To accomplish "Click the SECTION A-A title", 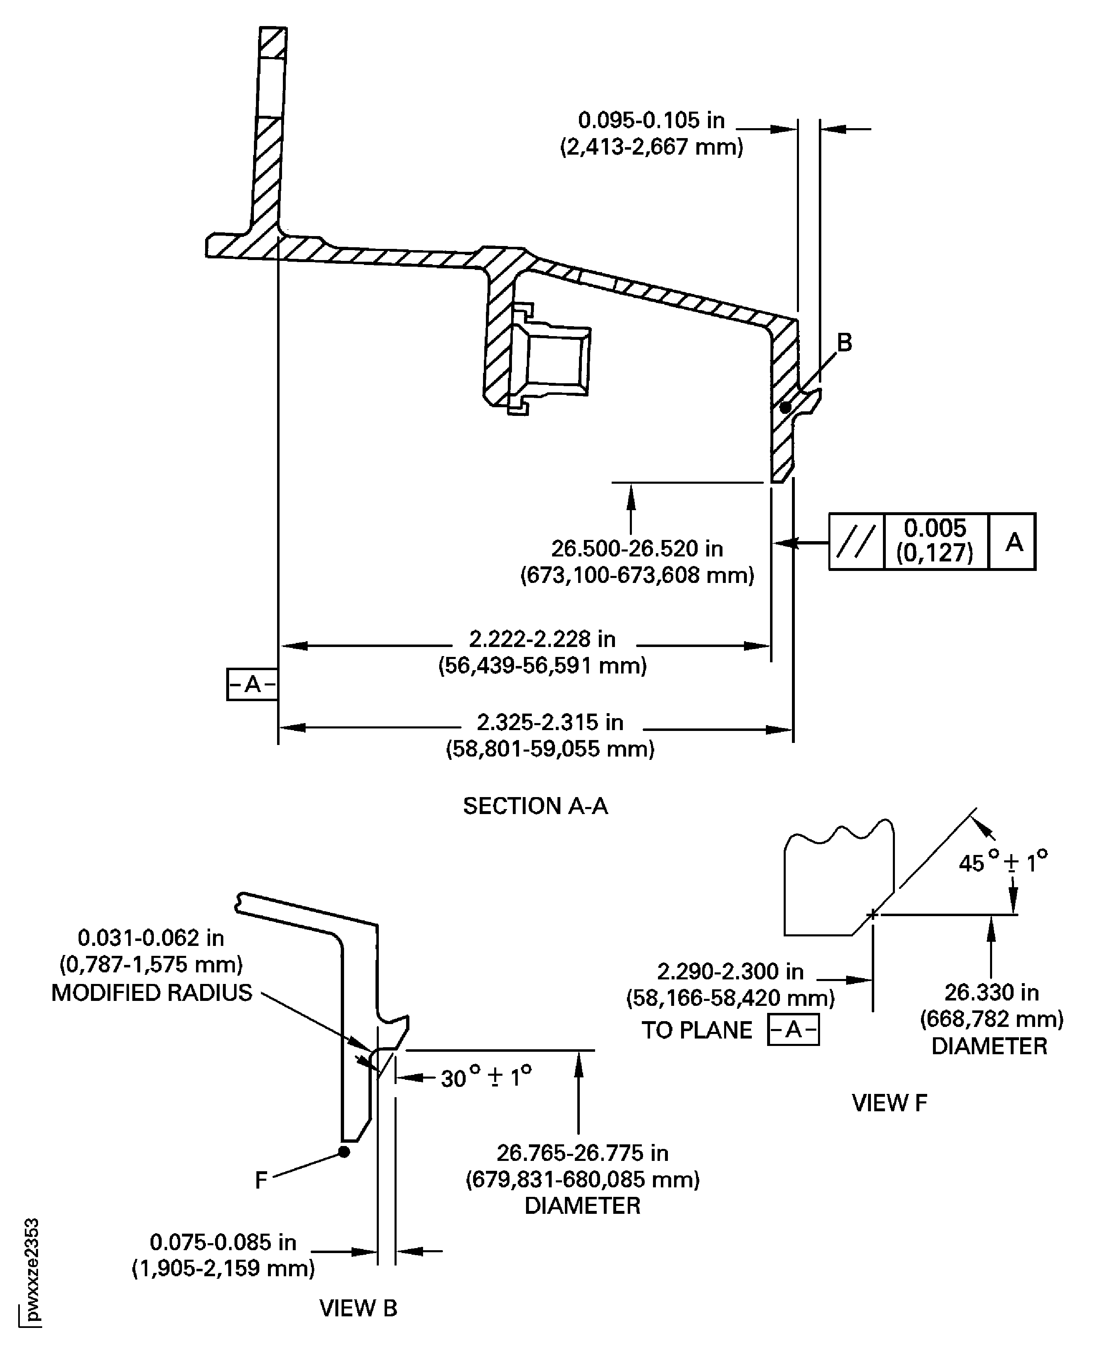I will [x=535, y=806].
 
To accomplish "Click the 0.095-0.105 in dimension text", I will [x=651, y=119].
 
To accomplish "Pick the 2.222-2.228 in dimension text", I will [x=542, y=639].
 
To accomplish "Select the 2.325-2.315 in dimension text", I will [x=550, y=722].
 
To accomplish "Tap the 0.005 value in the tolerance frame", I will [x=935, y=528].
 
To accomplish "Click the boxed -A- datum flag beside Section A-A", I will [x=252, y=684].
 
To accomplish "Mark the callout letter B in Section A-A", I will [x=844, y=342].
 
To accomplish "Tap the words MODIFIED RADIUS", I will [x=152, y=993].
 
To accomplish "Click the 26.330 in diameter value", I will [x=991, y=993].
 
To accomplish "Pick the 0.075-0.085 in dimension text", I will [x=223, y=1242].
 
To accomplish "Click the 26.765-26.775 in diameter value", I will [x=582, y=1153].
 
